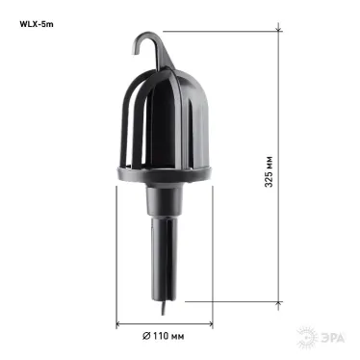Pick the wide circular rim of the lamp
(x=164, y=176)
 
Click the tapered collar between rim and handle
(x=163, y=202)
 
